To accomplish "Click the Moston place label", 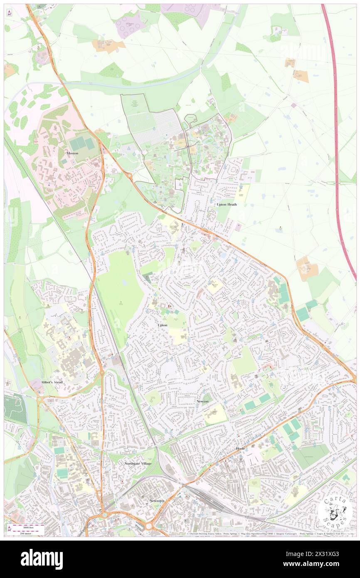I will click(72, 153).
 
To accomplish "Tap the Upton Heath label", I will click(227, 205).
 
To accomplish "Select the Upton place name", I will click(163, 324).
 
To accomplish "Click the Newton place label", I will click(202, 401).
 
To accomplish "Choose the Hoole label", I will click(241, 449).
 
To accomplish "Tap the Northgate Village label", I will click(138, 463).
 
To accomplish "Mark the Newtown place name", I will click(157, 501).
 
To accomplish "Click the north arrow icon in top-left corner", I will click(9, 13).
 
